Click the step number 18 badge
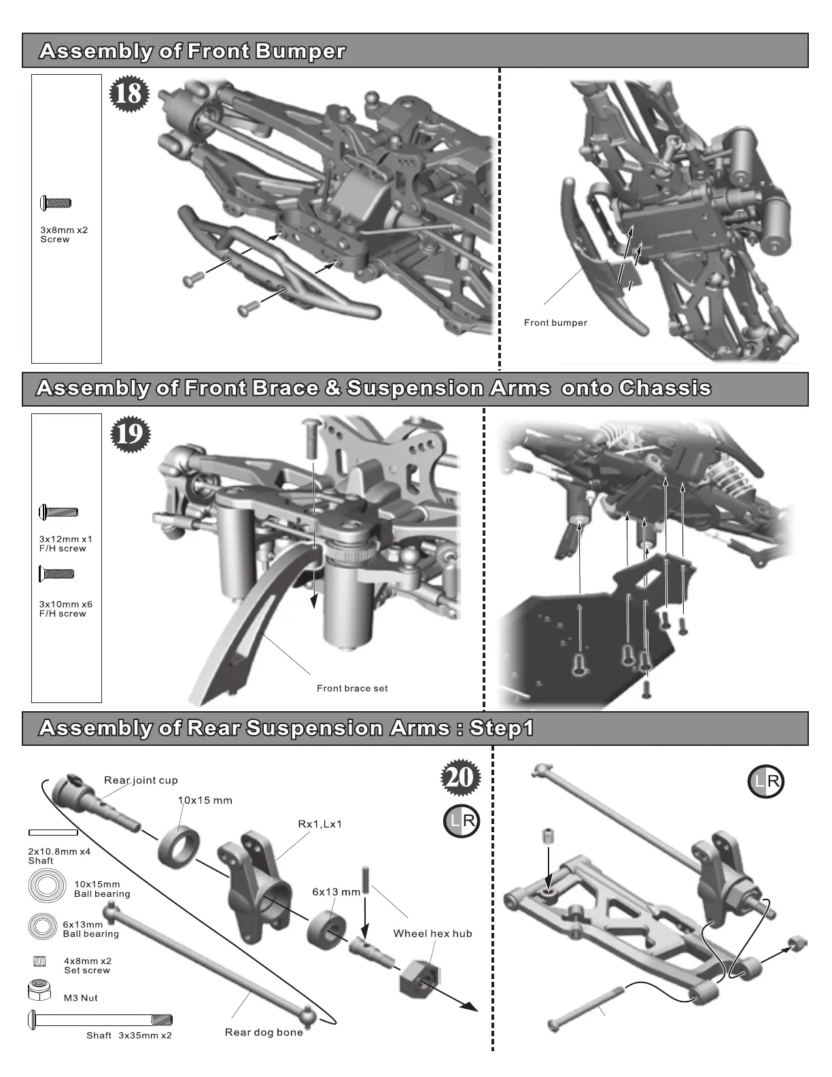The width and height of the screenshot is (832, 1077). [x=128, y=93]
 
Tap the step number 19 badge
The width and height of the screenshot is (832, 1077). [x=129, y=434]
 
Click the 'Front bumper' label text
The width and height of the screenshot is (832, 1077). [x=555, y=323]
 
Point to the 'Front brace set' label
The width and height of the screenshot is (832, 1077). [x=352, y=689]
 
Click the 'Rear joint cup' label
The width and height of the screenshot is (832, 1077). [x=141, y=781]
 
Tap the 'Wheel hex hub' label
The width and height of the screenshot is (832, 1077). [x=432, y=934]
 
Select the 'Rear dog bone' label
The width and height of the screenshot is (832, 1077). [x=264, y=1033]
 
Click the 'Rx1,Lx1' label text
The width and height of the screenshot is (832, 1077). [x=320, y=824]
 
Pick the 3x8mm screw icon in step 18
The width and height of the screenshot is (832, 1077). [x=56, y=203]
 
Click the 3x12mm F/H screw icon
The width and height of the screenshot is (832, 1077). [x=58, y=512]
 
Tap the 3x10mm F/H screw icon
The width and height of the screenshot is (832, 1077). [x=57, y=574]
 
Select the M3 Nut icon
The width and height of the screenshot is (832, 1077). [x=40, y=991]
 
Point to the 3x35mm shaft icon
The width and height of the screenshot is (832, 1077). [x=100, y=1020]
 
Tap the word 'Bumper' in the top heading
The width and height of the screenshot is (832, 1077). [x=300, y=52]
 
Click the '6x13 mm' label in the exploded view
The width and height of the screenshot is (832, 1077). [x=336, y=892]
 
